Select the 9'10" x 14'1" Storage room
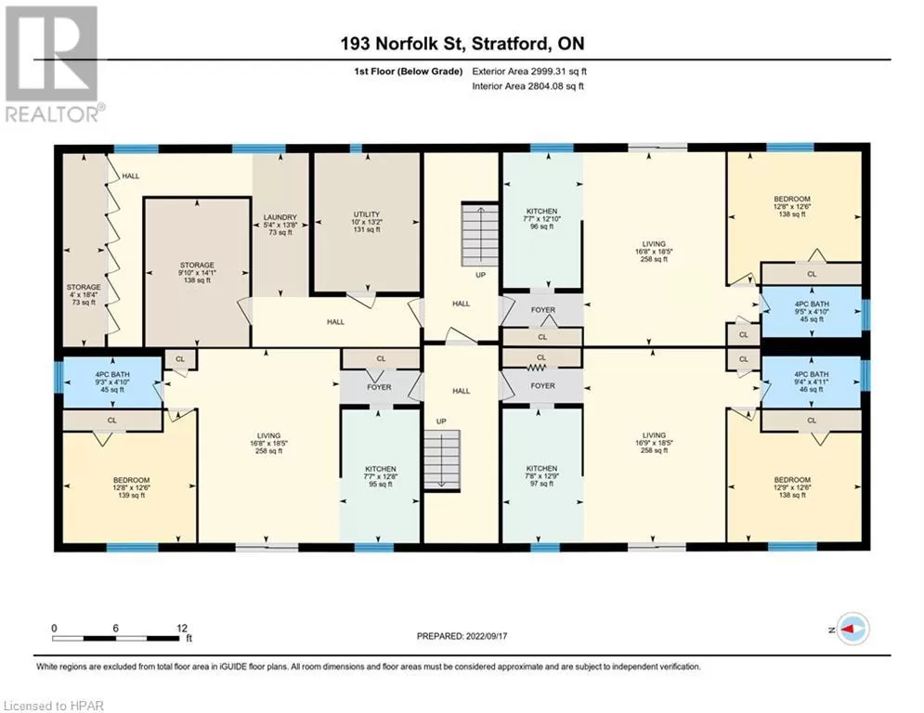(x=197, y=273)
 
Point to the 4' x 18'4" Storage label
(x=84, y=294)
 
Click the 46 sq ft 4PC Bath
(x=812, y=382)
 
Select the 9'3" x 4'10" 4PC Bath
(x=112, y=382)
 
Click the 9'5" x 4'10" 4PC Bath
(x=812, y=312)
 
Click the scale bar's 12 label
(x=181, y=629)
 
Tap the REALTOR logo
(x=55, y=64)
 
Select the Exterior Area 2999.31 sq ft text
(x=529, y=71)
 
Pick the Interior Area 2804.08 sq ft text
(x=528, y=86)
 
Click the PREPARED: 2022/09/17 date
(x=462, y=636)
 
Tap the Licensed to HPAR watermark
(x=54, y=706)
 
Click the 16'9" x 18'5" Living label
(x=654, y=443)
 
